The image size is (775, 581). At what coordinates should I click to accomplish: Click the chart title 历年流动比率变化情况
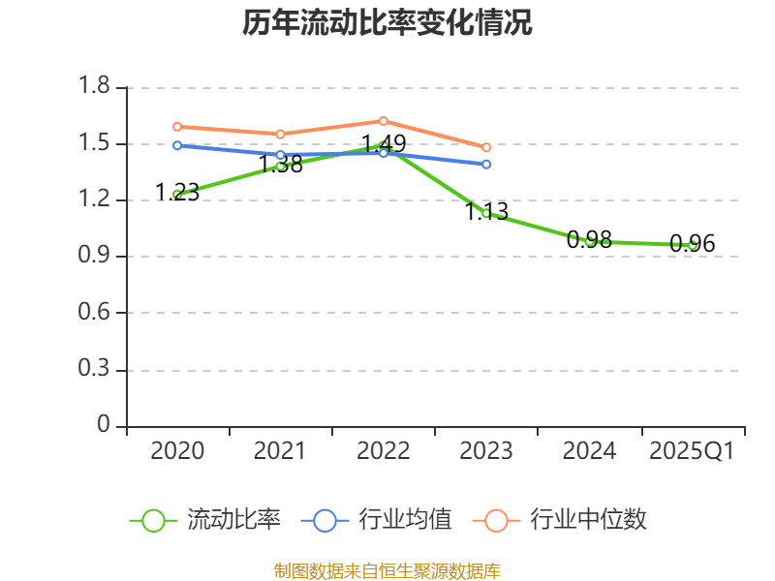(x=387, y=23)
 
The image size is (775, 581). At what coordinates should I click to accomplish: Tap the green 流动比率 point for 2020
(x=177, y=195)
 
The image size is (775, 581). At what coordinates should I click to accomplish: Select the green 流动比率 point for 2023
(x=486, y=213)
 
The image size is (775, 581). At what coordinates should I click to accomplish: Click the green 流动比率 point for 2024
(x=589, y=240)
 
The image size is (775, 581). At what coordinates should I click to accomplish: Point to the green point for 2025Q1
(x=693, y=245)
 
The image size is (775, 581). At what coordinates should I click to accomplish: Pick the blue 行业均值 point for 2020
(x=177, y=145)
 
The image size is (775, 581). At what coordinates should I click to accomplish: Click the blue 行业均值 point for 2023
(x=486, y=164)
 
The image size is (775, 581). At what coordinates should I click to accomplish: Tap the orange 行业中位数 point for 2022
(x=384, y=121)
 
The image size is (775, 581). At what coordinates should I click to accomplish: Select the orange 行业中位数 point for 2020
(x=177, y=127)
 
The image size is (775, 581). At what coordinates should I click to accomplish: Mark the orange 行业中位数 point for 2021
(x=280, y=134)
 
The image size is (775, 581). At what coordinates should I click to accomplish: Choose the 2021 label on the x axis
(x=280, y=451)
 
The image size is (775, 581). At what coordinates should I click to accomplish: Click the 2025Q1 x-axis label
(x=692, y=451)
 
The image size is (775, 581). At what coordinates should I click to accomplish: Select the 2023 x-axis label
(x=486, y=451)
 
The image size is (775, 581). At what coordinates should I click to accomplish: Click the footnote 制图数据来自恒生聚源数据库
(x=387, y=570)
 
